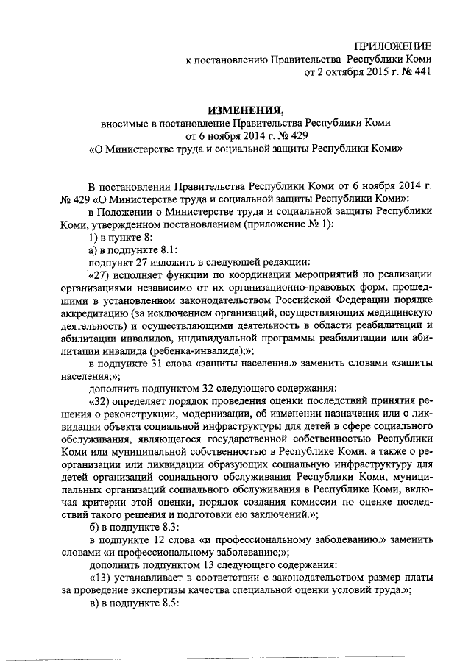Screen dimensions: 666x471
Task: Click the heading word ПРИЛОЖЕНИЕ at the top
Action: click(392, 46)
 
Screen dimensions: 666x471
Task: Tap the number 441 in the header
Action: click(420, 72)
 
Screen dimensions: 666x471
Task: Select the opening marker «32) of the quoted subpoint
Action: click(100, 400)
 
